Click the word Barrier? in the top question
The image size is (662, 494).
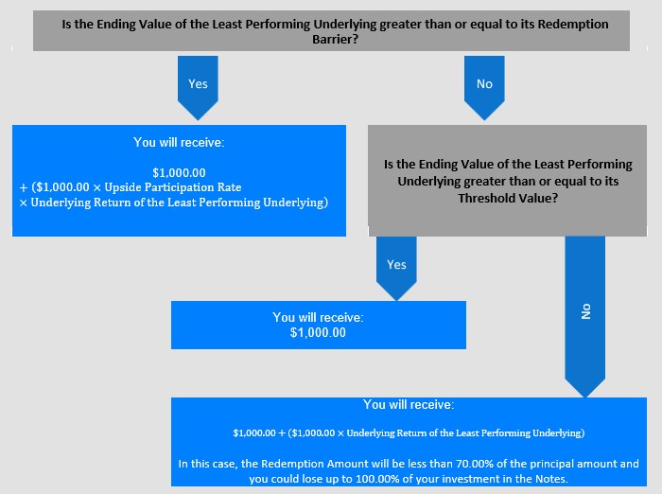[x=335, y=40]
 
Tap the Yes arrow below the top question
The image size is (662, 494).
[x=198, y=87]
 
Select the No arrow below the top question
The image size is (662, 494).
[x=484, y=87]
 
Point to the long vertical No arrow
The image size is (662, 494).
[x=585, y=316]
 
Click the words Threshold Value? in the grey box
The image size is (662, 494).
[x=508, y=198]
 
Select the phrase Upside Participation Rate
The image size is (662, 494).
[x=173, y=187]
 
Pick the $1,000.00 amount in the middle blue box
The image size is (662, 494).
[x=318, y=332]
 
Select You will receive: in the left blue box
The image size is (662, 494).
[x=179, y=142]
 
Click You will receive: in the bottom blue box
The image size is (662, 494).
[x=409, y=404]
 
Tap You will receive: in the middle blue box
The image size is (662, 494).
[x=318, y=317]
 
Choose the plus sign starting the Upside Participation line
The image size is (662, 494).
[x=24, y=187]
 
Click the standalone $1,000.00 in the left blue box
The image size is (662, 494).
[x=179, y=173]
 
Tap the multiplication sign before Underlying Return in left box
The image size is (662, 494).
[x=24, y=203]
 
